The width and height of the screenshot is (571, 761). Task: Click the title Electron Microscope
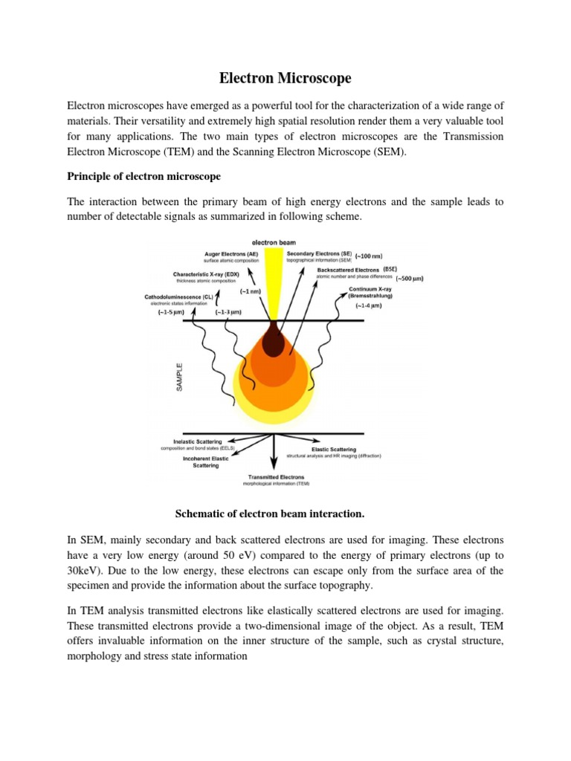coord(285,78)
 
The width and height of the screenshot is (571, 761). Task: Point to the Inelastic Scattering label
coord(197,442)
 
